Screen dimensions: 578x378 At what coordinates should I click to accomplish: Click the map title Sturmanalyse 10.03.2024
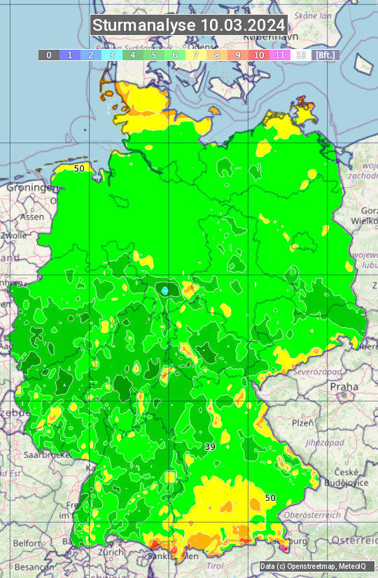[x=189, y=26]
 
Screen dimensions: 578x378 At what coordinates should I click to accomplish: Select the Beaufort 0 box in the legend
[x=48, y=55]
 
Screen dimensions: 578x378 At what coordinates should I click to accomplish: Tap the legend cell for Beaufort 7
[x=195, y=55]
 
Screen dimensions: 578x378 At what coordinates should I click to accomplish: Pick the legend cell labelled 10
[x=259, y=55]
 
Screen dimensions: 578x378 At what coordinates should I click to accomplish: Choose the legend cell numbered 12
[x=301, y=55]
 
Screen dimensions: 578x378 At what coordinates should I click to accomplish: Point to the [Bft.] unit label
[x=325, y=55]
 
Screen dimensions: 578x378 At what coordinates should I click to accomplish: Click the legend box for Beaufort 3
[x=111, y=55]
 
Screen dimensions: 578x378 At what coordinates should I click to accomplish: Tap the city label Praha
[x=344, y=387]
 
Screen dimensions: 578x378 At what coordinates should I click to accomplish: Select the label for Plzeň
[x=302, y=423]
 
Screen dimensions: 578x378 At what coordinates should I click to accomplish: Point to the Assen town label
[x=31, y=217]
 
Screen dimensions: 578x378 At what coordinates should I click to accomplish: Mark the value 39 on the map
[x=210, y=446]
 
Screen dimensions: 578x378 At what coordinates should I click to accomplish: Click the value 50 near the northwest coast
[x=79, y=168]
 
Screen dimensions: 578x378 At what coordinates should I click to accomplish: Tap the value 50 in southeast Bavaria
[x=270, y=497]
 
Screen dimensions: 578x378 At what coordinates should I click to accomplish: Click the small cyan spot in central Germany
[x=164, y=290]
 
